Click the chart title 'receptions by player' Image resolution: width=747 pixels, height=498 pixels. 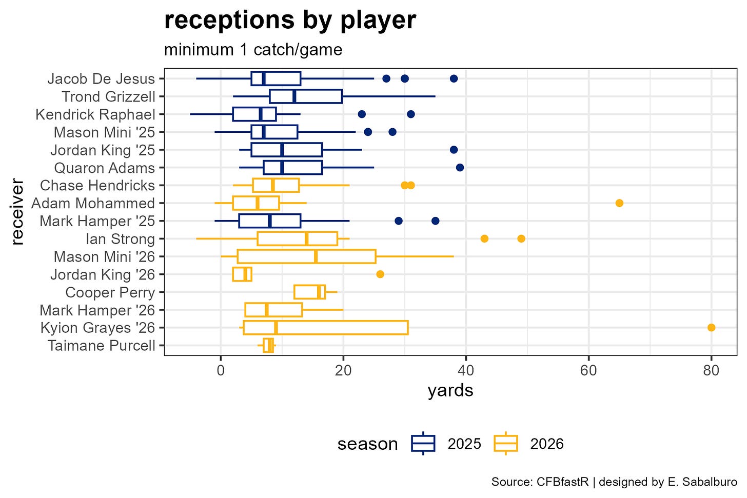[290, 21]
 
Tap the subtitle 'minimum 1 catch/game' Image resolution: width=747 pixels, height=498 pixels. [253, 50]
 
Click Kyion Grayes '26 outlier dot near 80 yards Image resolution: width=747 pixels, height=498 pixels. [711, 328]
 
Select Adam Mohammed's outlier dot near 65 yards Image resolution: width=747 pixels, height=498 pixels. [619, 203]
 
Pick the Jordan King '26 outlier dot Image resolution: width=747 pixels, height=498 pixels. [380, 274]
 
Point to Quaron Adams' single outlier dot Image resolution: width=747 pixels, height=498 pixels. [460, 168]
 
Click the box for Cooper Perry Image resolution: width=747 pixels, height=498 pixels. [294, 292]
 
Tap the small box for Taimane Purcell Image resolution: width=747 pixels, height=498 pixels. [264, 346]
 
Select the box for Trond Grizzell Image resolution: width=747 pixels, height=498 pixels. [269, 96]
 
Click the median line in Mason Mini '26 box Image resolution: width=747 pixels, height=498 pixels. [316, 256]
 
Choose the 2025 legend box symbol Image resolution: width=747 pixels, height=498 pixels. [423, 444]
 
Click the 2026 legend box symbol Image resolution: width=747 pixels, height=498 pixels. [506, 444]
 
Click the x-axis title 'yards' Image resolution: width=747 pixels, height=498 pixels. [450, 391]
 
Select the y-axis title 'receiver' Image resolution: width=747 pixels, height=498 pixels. [16, 212]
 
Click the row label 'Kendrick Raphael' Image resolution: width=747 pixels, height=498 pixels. [95, 114]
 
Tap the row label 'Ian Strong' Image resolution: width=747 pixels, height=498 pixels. [121, 239]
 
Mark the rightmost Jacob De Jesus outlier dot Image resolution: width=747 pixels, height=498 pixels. [454, 78]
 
